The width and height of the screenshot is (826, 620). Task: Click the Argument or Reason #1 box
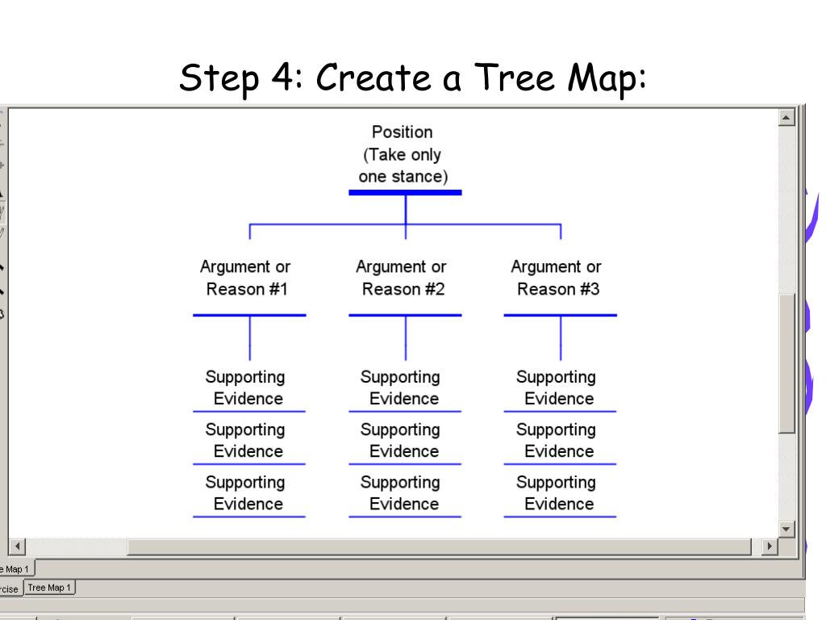click(246, 278)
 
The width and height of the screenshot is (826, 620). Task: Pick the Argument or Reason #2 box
click(402, 278)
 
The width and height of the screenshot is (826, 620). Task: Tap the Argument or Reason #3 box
click(557, 278)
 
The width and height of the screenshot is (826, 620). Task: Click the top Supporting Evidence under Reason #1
click(246, 387)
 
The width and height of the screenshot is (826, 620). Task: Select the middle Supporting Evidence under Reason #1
click(246, 440)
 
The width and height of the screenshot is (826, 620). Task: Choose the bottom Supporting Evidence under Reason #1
click(246, 492)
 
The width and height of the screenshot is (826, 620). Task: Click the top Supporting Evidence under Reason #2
click(402, 387)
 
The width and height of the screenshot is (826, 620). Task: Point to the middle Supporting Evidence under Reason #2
click(402, 440)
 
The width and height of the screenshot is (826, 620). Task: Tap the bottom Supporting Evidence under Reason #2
click(402, 492)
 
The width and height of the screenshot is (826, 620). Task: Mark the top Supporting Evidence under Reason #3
click(557, 387)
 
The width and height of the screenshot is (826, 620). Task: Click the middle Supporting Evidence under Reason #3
click(557, 440)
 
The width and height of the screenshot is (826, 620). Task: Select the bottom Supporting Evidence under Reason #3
click(557, 492)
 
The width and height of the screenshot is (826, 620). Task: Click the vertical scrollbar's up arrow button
click(787, 118)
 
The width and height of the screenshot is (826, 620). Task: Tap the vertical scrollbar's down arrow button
click(787, 529)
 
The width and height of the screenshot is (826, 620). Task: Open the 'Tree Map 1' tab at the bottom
click(49, 588)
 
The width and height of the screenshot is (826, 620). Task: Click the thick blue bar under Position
click(405, 192)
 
